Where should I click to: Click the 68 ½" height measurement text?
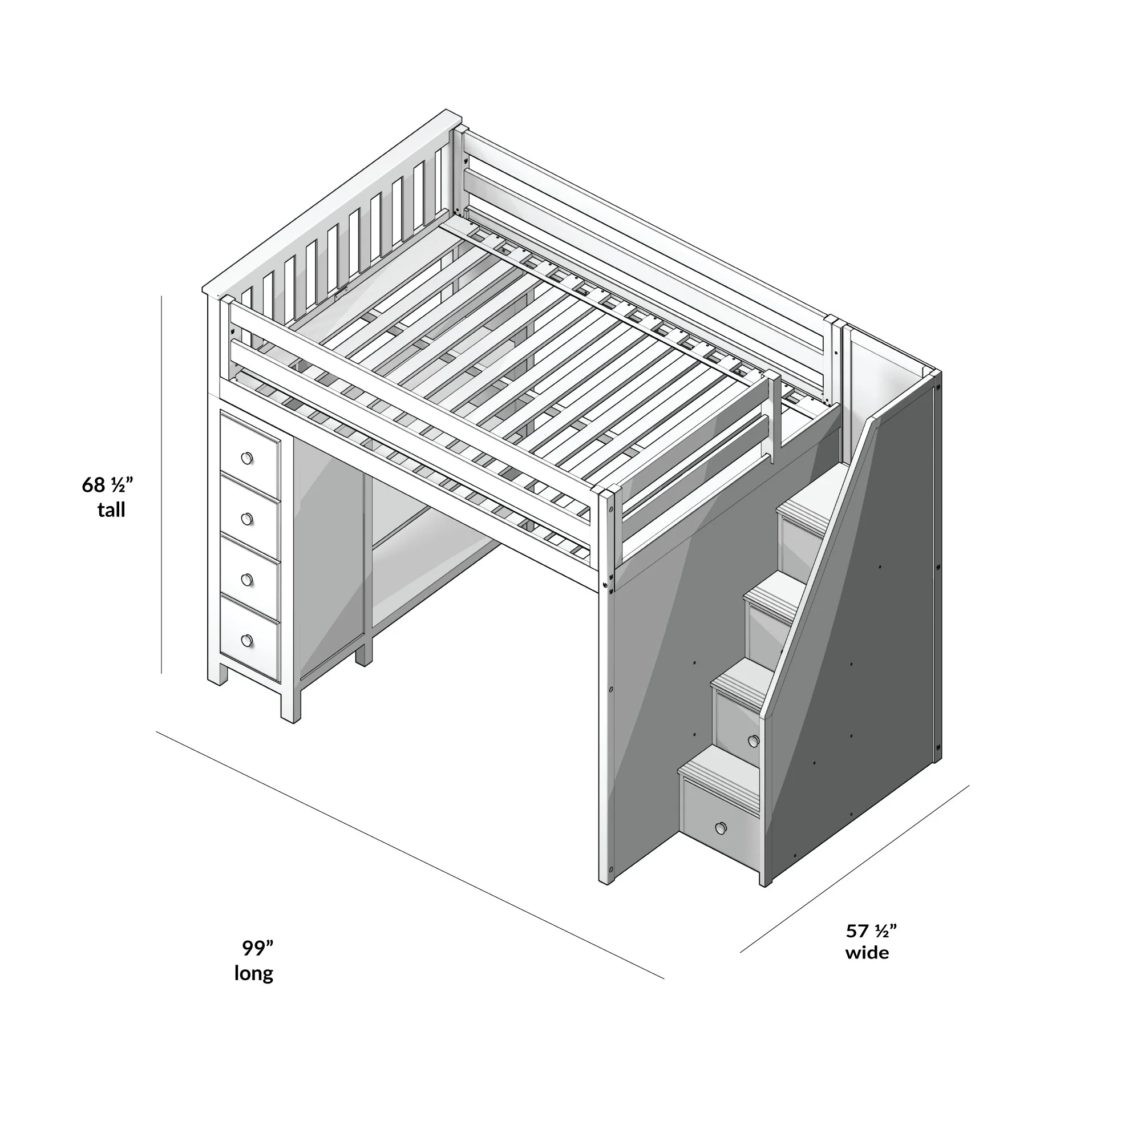point(107,485)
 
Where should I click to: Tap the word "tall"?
point(111,509)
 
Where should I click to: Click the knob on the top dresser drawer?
point(247,458)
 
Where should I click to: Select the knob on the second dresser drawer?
point(247,519)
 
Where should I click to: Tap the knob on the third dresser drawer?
point(247,580)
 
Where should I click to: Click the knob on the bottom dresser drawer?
point(247,640)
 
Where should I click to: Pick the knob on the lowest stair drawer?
point(721,828)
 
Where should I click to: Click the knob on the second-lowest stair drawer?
point(753,741)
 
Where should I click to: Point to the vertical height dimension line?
point(161,484)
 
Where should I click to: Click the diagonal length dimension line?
point(410,855)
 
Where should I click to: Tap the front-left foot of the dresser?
point(217,674)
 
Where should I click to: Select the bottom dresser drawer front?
point(250,641)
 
